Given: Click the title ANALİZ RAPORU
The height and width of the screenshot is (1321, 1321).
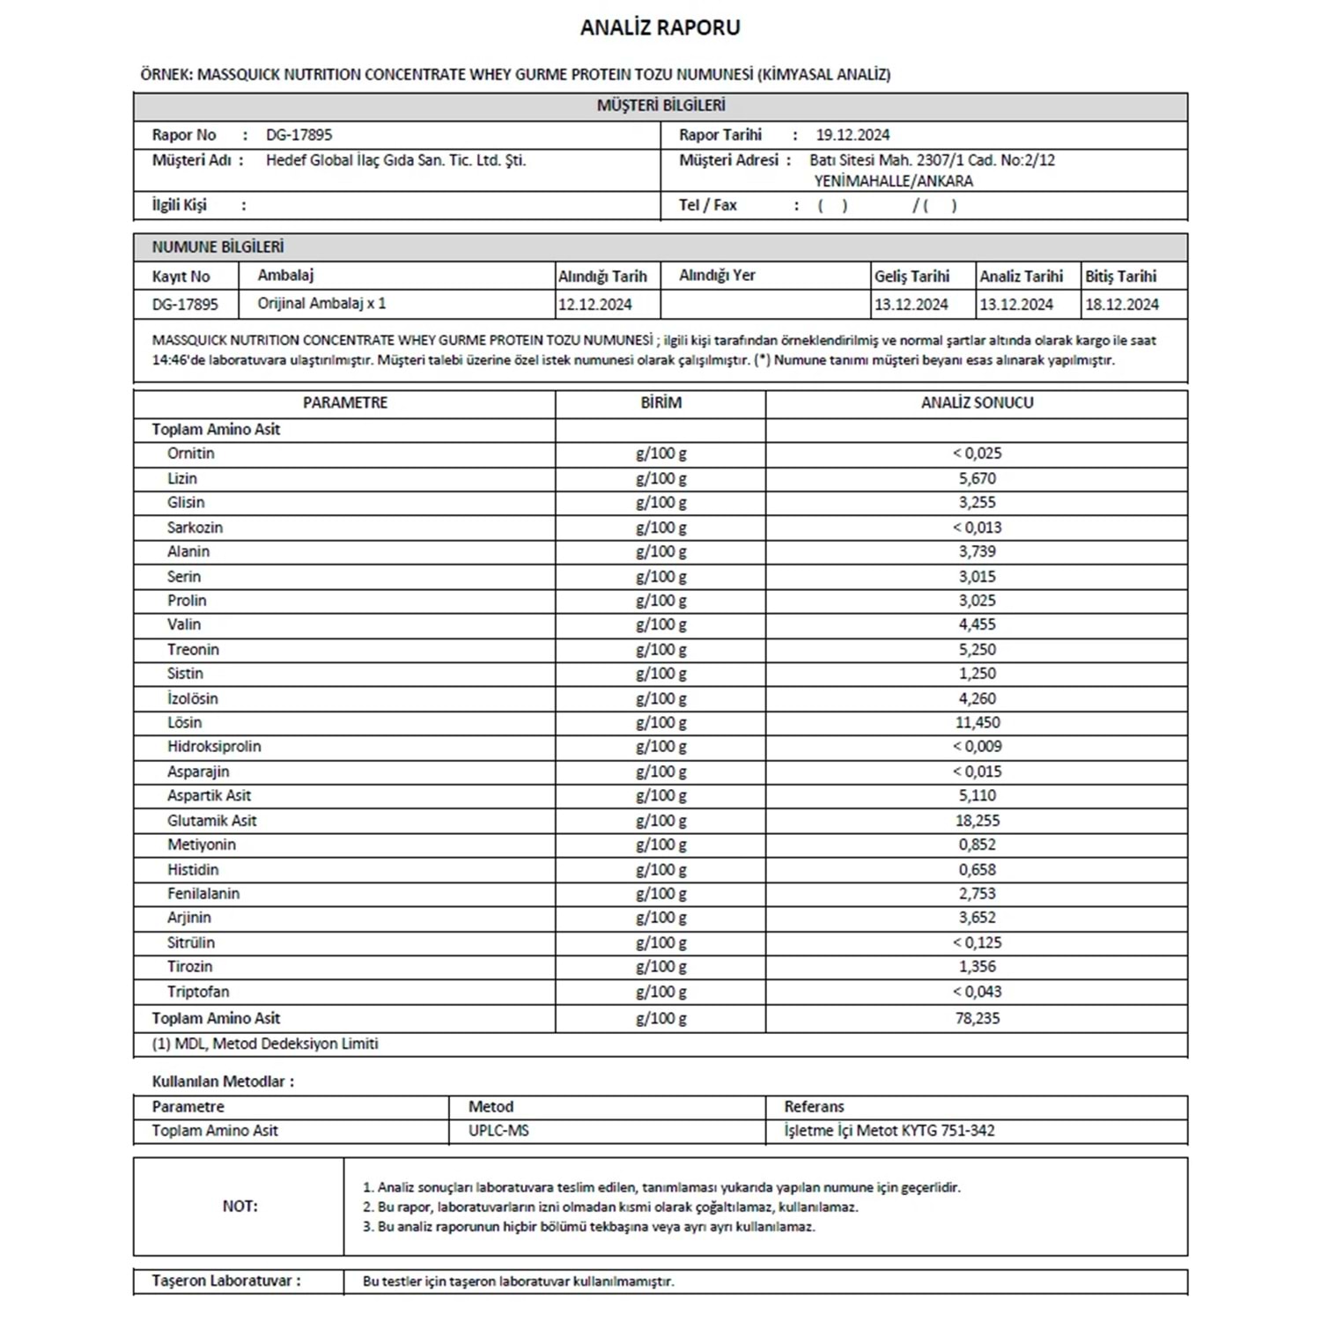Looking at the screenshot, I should (660, 27).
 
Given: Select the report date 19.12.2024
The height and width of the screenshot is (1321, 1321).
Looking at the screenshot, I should (852, 135).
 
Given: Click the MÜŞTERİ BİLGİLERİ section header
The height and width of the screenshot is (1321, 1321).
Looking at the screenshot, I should (660, 106).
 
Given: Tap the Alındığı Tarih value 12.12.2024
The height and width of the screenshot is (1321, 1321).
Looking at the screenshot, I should (595, 305).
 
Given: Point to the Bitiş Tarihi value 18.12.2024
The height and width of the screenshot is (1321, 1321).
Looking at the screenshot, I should (1121, 305).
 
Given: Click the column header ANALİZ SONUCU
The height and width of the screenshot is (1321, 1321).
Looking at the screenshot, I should (977, 402).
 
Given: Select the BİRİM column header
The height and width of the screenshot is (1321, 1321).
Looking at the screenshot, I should (660, 402).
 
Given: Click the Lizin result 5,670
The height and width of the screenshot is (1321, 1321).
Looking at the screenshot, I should (977, 478).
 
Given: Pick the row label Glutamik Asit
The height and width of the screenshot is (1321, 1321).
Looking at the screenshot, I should (212, 820).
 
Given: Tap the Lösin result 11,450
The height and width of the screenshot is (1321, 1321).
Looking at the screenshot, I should (977, 722).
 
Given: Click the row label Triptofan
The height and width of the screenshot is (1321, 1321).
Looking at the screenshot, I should (198, 992).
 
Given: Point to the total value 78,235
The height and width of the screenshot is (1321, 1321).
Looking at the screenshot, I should (977, 1018).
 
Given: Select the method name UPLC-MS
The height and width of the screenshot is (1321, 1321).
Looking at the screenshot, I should (498, 1131).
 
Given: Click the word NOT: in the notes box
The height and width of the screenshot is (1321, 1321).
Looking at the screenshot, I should (240, 1207).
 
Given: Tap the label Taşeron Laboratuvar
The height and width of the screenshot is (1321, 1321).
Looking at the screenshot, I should (225, 1280).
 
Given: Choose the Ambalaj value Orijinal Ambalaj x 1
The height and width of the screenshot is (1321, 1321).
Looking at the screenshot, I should (321, 304).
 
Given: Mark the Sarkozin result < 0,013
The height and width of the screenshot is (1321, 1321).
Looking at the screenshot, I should (977, 528).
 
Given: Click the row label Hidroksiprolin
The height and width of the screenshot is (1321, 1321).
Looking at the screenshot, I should (214, 746).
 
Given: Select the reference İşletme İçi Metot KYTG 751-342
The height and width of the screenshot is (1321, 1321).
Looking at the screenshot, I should (889, 1131).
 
